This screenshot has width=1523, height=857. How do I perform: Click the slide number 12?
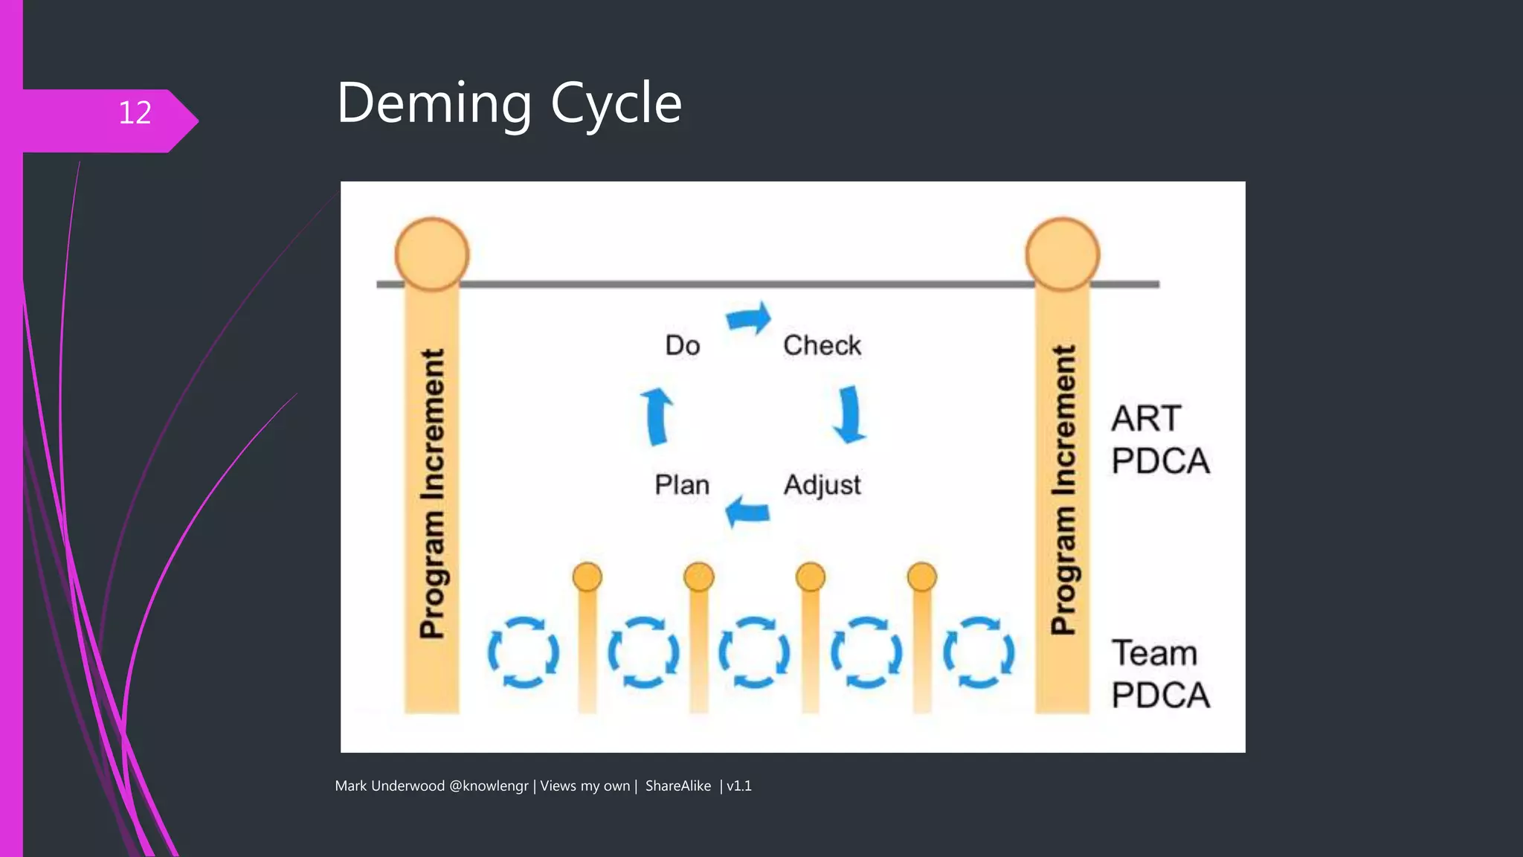pyautogui.click(x=135, y=113)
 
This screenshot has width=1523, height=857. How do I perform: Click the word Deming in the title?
pyautogui.click(x=434, y=104)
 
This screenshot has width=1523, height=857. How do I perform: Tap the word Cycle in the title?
pyautogui.click(x=616, y=104)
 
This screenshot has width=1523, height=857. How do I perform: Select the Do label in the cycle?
pyautogui.click(x=682, y=345)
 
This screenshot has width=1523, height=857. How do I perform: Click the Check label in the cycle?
pyautogui.click(x=822, y=345)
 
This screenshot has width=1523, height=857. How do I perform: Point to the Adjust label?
pyautogui.click(x=822, y=485)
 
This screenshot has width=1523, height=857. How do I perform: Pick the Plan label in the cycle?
pyautogui.click(x=681, y=485)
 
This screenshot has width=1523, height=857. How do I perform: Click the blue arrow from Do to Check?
pyautogui.click(x=749, y=319)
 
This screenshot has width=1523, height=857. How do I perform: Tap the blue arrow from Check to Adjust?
pyautogui.click(x=849, y=414)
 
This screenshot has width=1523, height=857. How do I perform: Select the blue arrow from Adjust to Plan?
pyautogui.click(x=747, y=512)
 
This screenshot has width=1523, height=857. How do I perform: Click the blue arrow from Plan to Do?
pyautogui.click(x=657, y=416)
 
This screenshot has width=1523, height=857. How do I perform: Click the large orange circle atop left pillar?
pyautogui.click(x=432, y=254)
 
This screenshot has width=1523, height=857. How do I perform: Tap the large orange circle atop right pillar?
pyautogui.click(x=1063, y=254)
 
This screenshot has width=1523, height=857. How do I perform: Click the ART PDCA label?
pyautogui.click(x=1159, y=440)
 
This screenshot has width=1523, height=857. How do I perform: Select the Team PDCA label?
pyautogui.click(x=1159, y=674)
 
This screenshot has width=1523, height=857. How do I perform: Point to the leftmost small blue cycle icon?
pyautogui.click(x=524, y=652)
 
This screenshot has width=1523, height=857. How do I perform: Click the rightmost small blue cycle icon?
pyautogui.click(x=979, y=652)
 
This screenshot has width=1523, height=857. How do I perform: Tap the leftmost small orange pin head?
pyautogui.click(x=587, y=577)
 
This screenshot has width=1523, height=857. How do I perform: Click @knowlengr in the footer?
pyautogui.click(x=489, y=786)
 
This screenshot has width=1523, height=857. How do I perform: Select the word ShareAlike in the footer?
pyautogui.click(x=677, y=786)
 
